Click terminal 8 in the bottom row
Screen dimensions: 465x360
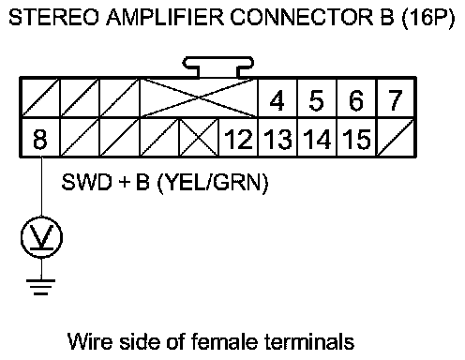click(x=40, y=138)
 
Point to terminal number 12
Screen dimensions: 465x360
click(x=238, y=138)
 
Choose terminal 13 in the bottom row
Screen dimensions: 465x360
click(x=277, y=138)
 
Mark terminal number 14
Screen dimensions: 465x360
click(x=317, y=138)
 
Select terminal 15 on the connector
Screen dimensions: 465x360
click(x=356, y=138)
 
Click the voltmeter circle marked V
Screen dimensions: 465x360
click(x=41, y=237)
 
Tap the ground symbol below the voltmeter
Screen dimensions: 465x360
click(x=41, y=287)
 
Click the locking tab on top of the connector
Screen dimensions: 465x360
click(x=218, y=67)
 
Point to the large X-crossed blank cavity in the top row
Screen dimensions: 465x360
click(x=199, y=98)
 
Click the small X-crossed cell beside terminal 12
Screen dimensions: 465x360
click(x=199, y=138)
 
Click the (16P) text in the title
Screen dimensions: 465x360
click(x=427, y=18)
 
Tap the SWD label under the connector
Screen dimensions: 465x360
click(x=86, y=182)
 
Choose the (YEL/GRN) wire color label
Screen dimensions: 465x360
click(x=213, y=183)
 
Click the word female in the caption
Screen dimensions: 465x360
click(x=224, y=341)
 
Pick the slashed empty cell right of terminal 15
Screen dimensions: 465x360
click(x=396, y=138)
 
